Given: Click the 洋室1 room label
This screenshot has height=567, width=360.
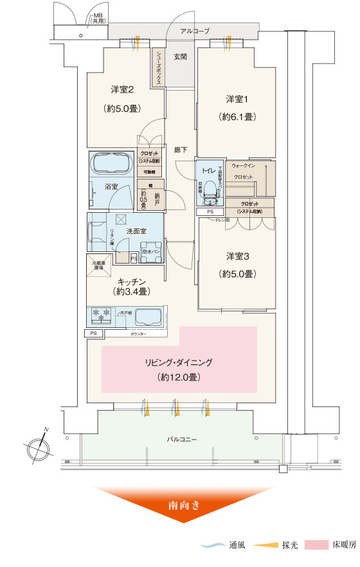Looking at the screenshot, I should pos(235,100).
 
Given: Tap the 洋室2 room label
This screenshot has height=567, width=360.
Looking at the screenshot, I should pos(122,89).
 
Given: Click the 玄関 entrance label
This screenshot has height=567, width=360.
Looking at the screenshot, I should pos(180,57).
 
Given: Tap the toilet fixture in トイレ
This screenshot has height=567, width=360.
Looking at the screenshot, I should pos(210,186).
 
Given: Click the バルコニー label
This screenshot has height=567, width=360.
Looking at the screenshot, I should pos(182,439).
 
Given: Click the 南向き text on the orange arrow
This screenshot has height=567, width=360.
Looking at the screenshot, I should pos(184,505).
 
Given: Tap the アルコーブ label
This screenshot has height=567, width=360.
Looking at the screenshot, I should pos(195,30).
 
